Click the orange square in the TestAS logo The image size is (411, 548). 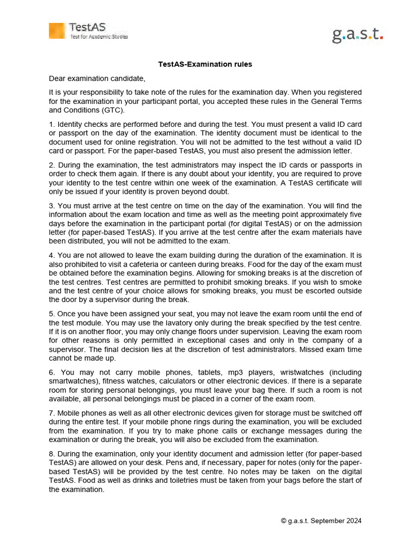click(57, 31)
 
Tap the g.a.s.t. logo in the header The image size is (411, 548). click(357, 35)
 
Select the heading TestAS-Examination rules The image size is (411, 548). click(205, 64)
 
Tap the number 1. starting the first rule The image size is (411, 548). click(52, 124)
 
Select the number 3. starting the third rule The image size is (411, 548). click(52, 205)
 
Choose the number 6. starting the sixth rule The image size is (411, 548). click(52, 372)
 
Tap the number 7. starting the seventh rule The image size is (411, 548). click(52, 413)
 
